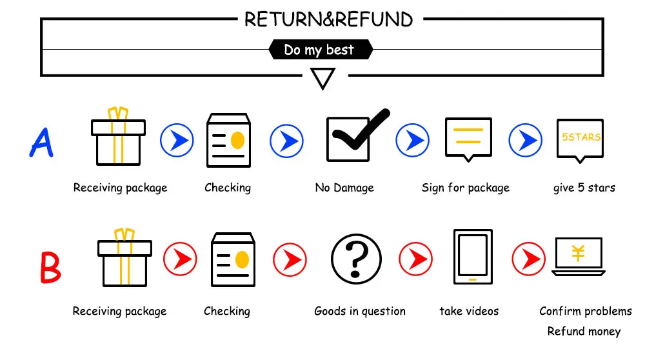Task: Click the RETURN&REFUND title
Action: coord(328,19)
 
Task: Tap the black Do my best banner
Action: coord(321,50)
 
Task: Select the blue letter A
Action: coord(41,142)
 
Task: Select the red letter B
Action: coord(50,267)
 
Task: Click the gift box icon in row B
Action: coord(124,257)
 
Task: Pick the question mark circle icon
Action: coord(356,259)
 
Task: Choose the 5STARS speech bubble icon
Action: coord(580,141)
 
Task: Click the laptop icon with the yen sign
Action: coord(579,256)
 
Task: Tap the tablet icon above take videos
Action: coord(473,257)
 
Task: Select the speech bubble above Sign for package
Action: coord(468,139)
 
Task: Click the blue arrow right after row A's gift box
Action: coord(177,140)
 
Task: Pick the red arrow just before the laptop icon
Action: coord(529,259)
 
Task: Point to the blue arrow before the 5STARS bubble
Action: coord(525,140)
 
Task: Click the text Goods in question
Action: coord(360,311)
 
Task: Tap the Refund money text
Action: coord(584,331)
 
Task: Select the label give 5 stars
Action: coord(584,188)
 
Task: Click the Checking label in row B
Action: coord(227,311)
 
